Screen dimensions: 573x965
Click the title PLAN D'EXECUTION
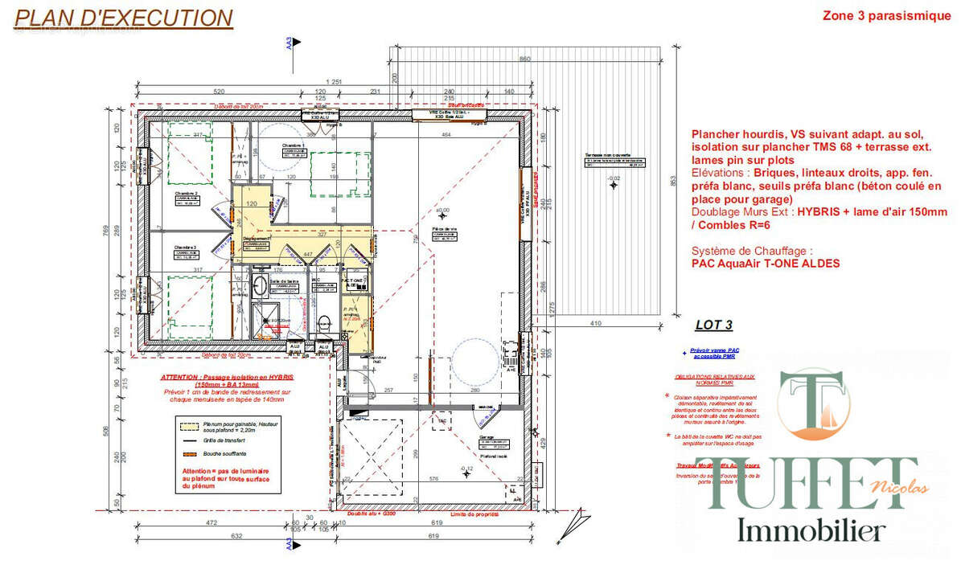[x=125, y=18]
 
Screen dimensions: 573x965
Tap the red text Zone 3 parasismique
[x=886, y=16]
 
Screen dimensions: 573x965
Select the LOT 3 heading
[x=713, y=325]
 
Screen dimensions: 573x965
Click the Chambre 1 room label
[x=292, y=145]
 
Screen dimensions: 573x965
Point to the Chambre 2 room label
[x=187, y=194]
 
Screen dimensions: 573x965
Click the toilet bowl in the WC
[x=325, y=323]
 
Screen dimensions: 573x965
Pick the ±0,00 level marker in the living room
[x=441, y=212]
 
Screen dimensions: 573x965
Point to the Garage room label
[x=486, y=439]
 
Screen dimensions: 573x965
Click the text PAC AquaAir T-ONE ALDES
[x=765, y=264]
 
